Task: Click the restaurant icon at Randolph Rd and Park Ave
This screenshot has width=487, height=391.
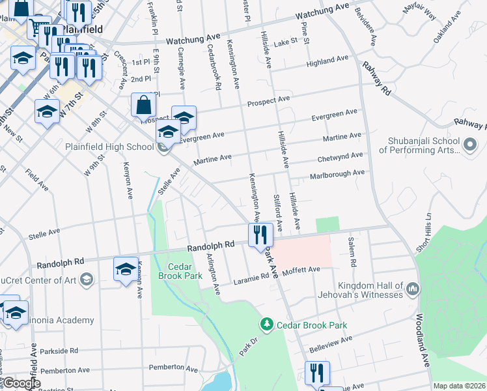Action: (x=260, y=236)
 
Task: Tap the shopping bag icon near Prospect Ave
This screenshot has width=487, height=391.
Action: (x=143, y=106)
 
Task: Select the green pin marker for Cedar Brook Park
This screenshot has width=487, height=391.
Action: (x=266, y=324)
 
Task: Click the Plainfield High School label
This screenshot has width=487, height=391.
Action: (x=109, y=147)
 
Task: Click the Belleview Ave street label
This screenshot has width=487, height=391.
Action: (x=330, y=345)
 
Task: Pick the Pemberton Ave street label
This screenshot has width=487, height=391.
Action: (x=174, y=369)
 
